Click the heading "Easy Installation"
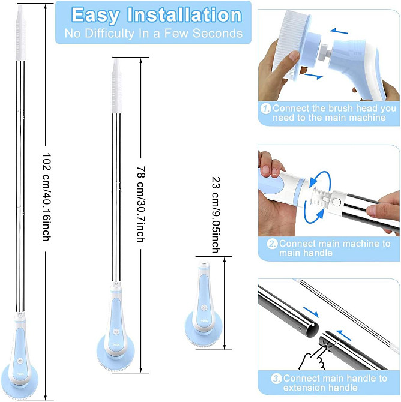click(157, 16)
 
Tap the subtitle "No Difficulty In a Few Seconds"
click(154, 34)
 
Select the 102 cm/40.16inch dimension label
click(46, 197)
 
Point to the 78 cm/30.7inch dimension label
click(141, 204)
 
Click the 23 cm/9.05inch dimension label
click(216, 215)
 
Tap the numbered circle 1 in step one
click(265, 109)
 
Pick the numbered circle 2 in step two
click(272, 244)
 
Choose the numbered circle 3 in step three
click(276, 379)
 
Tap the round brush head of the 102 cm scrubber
click(19, 383)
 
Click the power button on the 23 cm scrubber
click(204, 307)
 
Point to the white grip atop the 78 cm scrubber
click(116, 86)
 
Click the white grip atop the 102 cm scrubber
click(21, 32)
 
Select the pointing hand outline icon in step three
click(313, 357)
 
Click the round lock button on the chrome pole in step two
click(336, 202)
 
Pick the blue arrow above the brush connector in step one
click(339, 31)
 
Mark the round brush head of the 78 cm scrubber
click(116, 353)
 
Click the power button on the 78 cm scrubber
click(116, 332)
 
